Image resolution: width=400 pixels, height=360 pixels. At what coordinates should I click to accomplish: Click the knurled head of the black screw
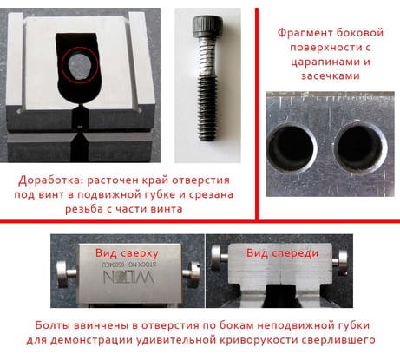(x=207, y=26)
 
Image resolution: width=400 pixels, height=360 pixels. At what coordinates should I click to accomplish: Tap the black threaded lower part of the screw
(x=207, y=108)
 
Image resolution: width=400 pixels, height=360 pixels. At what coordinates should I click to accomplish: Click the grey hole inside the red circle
(x=80, y=66)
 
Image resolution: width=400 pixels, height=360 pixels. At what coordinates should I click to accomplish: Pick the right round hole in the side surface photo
(x=359, y=148)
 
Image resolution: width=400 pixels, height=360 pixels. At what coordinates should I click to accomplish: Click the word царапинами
(x=321, y=62)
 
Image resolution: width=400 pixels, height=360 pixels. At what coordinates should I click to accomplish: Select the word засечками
(x=331, y=76)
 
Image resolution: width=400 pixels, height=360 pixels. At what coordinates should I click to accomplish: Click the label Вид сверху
(x=127, y=253)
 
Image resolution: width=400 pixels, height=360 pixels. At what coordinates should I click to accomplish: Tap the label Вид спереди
(x=282, y=253)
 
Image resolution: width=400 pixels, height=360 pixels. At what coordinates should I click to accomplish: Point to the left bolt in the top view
(x=67, y=274)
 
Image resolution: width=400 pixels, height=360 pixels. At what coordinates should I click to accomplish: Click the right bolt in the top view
(x=191, y=274)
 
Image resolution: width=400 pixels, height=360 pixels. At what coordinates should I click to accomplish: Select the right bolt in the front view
(x=340, y=263)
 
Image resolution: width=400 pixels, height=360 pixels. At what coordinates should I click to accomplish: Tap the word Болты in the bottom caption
(x=53, y=325)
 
